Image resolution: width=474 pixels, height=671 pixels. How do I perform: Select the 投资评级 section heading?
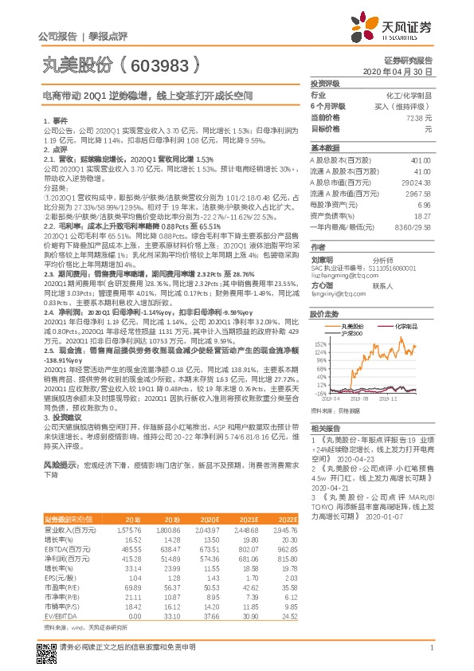(325, 83)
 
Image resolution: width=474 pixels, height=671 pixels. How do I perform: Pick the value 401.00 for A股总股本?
(421, 159)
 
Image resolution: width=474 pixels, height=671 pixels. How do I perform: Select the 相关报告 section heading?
(325, 429)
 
